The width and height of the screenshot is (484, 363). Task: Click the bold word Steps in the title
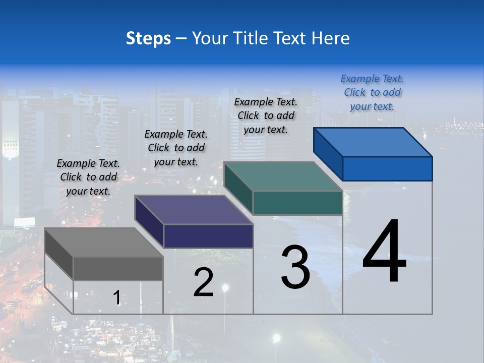(x=148, y=38)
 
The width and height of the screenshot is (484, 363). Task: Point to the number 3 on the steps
(x=295, y=267)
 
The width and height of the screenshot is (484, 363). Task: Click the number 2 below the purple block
(x=203, y=282)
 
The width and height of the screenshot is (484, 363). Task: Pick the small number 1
(x=116, y=298)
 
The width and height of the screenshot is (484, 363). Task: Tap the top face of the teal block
(x=283, y=176)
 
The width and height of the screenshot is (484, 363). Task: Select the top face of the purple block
(x=194, y=210)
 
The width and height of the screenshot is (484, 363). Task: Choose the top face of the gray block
(x=104, y=243)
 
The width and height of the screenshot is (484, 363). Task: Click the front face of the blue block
(x=387, y=168)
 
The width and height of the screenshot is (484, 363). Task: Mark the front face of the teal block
(x=297, y=203)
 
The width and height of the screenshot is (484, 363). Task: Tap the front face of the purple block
(x=208, y=236)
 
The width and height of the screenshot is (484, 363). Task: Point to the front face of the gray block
(x=118, y=268)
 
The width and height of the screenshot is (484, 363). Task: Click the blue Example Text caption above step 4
(x=372, y=92)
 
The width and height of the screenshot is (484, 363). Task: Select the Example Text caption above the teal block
(x=266, y=115)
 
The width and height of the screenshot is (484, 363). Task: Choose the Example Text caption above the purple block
(x=176, y=148)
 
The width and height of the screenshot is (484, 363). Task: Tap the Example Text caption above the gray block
(x=88, y=177)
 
